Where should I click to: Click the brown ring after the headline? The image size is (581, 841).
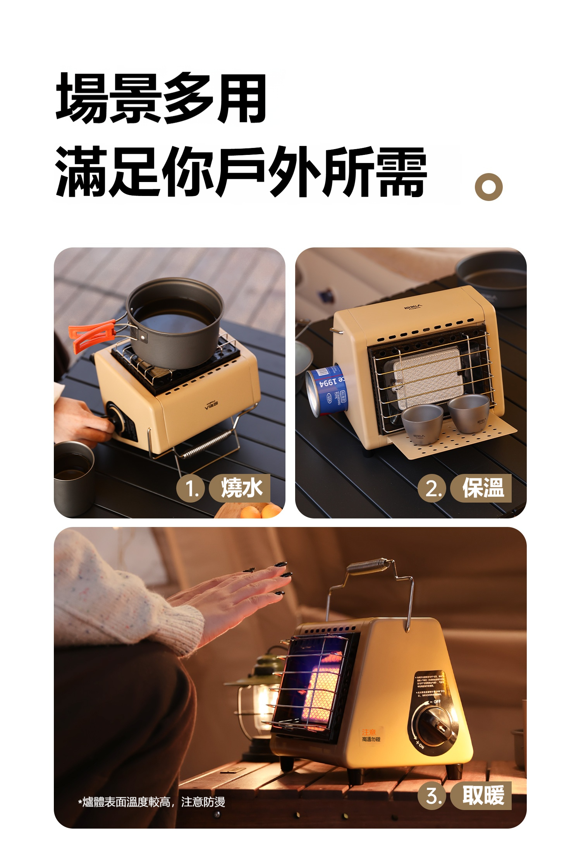tap(488, 187)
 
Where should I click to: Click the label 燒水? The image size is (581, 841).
tap(241, 488)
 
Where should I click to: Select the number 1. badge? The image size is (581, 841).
tap(191, 488)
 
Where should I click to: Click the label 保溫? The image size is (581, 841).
tap(482, 488)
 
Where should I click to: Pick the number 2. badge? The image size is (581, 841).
tap(432, 488)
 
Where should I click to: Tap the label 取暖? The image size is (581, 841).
tap(482, 795)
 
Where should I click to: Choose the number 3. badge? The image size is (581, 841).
tap(432, 796)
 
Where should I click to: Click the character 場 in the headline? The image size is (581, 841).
tap(82, 98)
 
